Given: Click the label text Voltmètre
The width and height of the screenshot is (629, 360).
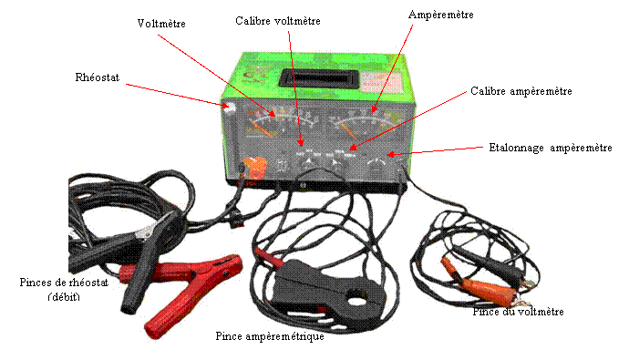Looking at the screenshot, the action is (x=161, y=24).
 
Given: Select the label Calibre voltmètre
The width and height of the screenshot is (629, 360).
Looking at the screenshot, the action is (x=278, y=21).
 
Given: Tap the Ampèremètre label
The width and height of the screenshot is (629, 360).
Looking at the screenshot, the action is (x=441, y=15).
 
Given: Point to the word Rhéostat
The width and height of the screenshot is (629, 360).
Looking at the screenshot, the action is (x=97, y=77).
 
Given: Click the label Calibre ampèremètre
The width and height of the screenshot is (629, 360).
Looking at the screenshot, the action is (x=521, y=91).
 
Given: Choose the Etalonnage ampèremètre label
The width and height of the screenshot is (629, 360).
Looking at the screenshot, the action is (x=551, y=148).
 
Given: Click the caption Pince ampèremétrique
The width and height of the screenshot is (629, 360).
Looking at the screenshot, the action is (x=270, y=336).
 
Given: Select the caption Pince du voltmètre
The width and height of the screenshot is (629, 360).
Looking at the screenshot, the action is (x=518, y=312).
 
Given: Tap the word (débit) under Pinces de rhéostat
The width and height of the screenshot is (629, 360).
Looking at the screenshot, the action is (x=64, y=297).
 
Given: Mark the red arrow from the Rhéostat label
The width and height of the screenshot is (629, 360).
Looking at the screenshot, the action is (x=177, y=95).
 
